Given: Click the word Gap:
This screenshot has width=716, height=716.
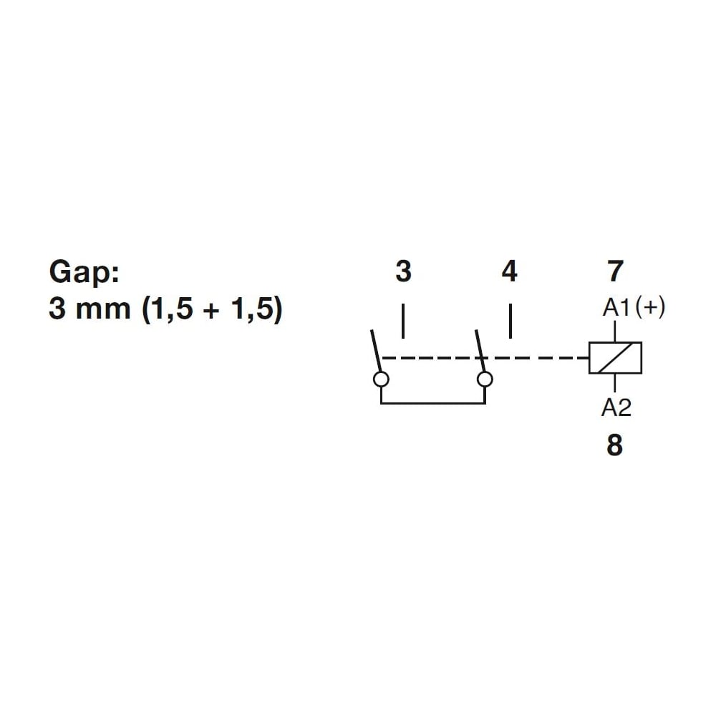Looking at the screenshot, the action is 84,273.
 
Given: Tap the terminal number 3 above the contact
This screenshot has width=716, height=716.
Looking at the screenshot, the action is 403,271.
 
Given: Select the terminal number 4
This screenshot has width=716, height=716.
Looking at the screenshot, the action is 510,271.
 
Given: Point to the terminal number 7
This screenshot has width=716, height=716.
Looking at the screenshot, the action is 616,271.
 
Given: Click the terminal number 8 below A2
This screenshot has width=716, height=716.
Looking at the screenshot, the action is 614,445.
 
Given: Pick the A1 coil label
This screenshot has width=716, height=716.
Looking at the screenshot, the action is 616,307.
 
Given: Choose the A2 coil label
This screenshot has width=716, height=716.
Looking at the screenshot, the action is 616,407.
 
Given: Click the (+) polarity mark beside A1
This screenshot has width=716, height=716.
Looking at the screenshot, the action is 650,307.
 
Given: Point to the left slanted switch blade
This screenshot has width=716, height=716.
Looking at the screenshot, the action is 375,351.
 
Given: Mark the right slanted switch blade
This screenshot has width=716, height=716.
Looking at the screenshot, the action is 480,351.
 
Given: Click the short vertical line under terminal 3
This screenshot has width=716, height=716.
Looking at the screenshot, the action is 402,321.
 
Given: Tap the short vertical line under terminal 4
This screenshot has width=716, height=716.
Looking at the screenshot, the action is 510,321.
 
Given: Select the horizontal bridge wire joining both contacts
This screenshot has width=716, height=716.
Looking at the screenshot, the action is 433,403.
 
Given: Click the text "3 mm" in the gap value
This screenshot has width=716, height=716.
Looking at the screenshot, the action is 89,308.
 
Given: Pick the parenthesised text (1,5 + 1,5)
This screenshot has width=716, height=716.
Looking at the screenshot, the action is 213,309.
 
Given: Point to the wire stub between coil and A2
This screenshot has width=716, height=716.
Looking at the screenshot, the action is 615,383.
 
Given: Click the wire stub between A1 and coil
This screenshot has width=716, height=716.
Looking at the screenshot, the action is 615,331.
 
